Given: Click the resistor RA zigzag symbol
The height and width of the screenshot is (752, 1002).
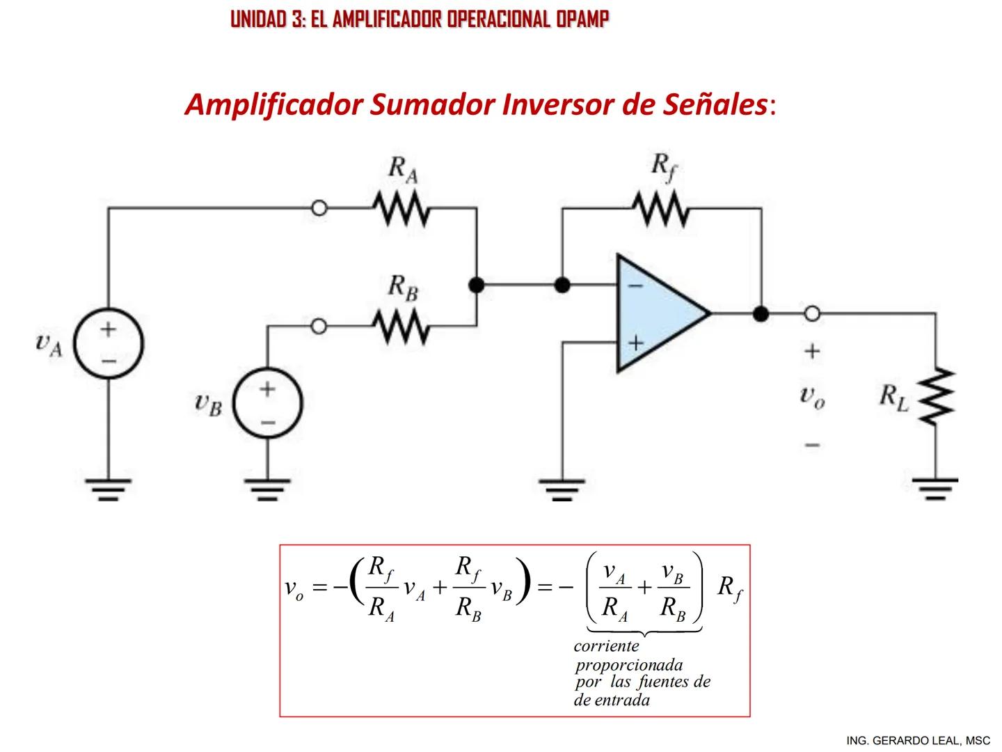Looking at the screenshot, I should [x=401, y=208].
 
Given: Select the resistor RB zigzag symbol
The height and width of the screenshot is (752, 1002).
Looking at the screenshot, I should [x=401, y=327].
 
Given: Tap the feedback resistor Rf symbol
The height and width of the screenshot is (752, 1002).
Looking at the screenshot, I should [x=660, y=208].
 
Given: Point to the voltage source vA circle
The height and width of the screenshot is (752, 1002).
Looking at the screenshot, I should [x=109, y=344].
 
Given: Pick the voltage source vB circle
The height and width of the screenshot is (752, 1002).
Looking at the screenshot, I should [x=268, y=404].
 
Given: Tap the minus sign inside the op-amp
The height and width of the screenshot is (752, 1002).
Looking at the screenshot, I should [x=635, y=285].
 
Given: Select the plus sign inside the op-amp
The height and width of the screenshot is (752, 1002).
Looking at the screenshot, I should [x=635, y=343].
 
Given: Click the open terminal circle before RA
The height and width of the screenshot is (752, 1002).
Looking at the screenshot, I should [x=319, y=208].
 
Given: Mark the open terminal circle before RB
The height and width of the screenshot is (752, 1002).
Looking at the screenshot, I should [x=319, y=327].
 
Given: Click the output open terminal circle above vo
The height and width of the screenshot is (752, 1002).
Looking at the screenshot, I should [x=812, y=314].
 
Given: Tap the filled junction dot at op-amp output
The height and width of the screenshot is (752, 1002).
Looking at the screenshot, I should [x=761, y=314].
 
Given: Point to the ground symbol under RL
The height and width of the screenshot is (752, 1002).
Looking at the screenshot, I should [x=936, y=487].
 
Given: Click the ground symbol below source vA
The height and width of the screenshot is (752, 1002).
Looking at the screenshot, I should [x=109, y=489].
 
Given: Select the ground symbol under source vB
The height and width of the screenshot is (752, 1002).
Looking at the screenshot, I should [x=268, y=489].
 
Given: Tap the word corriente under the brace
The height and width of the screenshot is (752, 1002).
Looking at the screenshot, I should [x=606, y=645].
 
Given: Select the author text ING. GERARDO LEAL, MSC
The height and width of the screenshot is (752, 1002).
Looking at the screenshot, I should [x=918, y=740].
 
